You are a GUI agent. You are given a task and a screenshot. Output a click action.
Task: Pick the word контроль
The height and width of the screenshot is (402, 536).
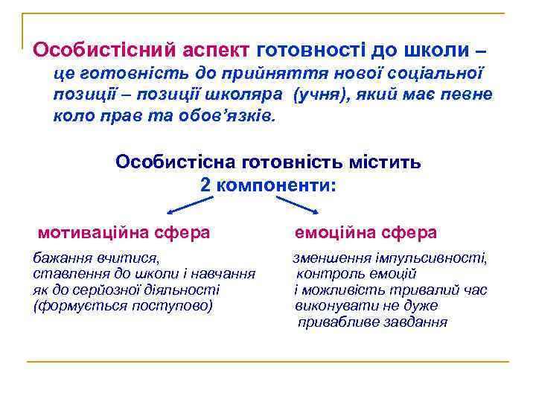(325, 274)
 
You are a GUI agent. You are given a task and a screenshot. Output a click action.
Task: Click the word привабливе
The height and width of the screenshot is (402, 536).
(335, 322)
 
